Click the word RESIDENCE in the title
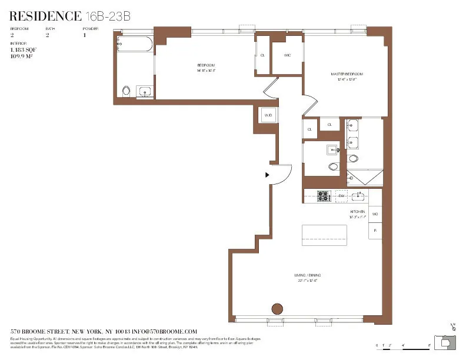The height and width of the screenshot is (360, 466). click(46, 16)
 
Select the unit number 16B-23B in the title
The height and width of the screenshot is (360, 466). click(108, 16)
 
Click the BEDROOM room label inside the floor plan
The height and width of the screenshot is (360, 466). click(205, 65)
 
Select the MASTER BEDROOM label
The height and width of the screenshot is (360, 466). click(347, 74)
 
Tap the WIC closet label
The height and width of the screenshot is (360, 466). click(287, 55)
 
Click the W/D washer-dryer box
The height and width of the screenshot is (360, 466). click(268, 115)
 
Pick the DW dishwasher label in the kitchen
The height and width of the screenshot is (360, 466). click(341, 196)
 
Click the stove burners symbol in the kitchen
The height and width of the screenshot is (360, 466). click(323, 196)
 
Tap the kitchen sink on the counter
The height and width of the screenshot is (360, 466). click(359, 196)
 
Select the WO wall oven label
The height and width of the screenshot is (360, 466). click(375, 214)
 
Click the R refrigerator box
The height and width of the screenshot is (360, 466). click(375, 231)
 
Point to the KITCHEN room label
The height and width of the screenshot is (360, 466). click(358, 211)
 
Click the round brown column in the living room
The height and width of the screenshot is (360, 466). click(277, 309)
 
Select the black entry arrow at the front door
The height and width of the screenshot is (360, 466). click(267, 175)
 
